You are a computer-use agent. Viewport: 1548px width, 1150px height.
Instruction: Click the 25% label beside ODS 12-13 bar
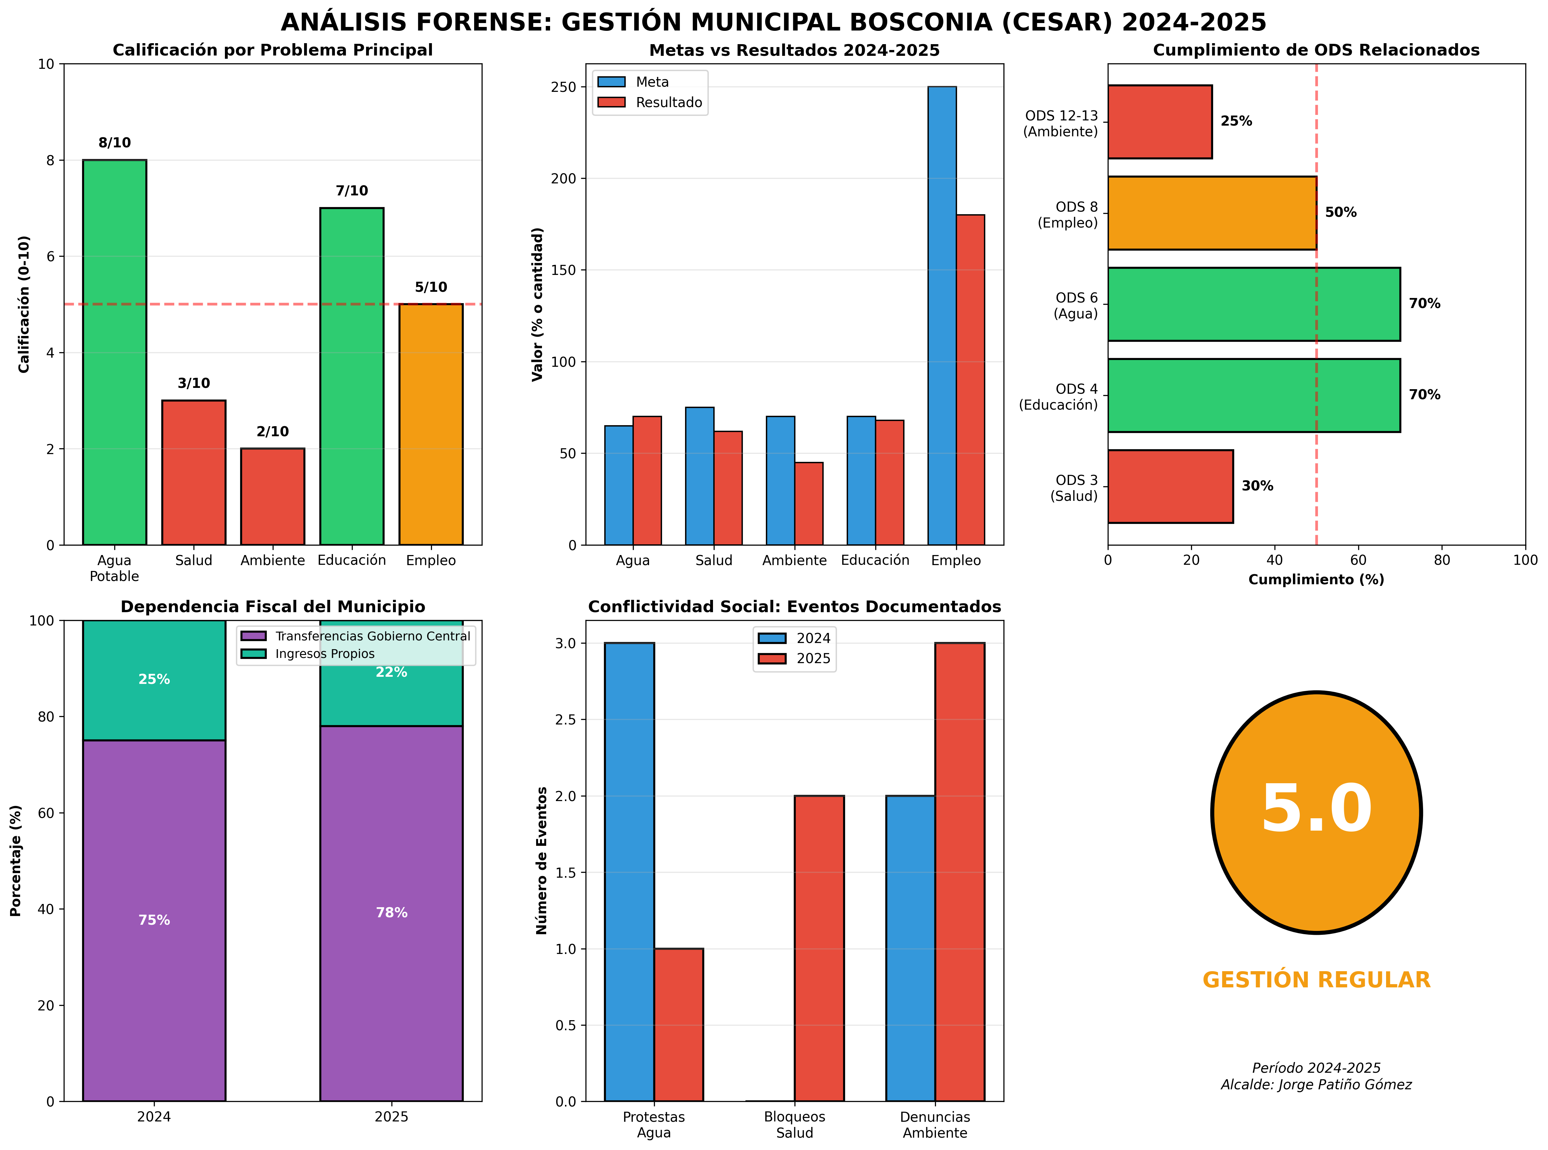[1236, 121]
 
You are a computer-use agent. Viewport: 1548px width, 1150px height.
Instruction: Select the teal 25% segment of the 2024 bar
[154, 680]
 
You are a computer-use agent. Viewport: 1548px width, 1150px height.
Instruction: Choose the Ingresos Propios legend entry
[324, 654]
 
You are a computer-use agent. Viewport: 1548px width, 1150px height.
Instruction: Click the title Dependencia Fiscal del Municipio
[272, 606]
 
